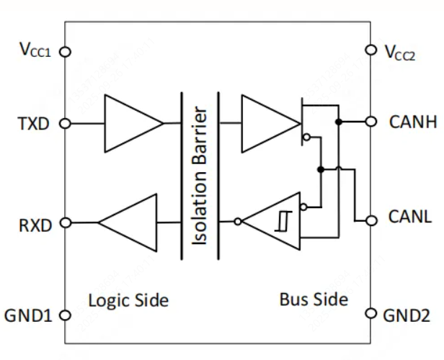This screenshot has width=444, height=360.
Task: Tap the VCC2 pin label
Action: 400,52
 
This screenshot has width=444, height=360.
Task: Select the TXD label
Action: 33,123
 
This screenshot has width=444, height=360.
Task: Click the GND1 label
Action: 28,315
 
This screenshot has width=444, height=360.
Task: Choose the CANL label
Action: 411,219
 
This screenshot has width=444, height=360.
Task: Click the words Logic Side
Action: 128,300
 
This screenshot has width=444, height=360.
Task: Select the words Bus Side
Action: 314,300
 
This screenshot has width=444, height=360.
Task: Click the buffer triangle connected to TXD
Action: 130,122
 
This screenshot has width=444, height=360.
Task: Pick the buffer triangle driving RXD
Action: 130,223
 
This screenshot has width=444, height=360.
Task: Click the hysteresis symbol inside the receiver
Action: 280,222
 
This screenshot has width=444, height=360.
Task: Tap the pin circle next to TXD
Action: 65,123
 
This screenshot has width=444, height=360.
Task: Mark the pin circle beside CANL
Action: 371,220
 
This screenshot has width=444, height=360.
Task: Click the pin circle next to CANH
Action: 371,122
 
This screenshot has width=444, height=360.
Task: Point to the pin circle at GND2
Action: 371,315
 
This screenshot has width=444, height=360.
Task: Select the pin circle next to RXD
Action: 65,223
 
